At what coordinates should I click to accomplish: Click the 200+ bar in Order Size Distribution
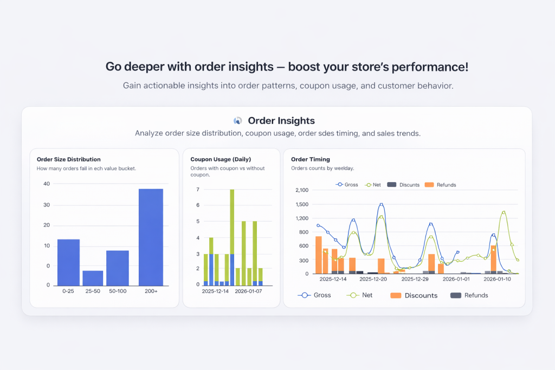(x=151, y=237)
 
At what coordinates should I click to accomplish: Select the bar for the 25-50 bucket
(x=93, y=278)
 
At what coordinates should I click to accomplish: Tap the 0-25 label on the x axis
(x=68, y=291)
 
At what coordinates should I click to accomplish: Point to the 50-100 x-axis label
(x=117, y=291)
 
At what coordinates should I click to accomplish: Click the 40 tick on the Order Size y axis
(x=47, y=184)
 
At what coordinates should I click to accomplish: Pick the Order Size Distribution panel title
(x=68, y=159)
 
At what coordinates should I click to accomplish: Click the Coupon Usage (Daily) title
(x=220, y=159)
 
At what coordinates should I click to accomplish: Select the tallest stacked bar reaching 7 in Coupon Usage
(x=232, y=237)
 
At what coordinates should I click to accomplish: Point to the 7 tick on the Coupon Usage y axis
(x=198, y=190)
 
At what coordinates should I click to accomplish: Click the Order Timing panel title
(x=311, y=159)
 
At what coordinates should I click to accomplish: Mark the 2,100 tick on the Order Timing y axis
(x=301, y=190)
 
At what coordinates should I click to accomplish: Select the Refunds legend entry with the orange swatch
(x=440, y=185)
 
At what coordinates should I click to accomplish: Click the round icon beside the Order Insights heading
(x=237, y=121)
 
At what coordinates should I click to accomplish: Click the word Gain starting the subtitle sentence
(x=132, y=86)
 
